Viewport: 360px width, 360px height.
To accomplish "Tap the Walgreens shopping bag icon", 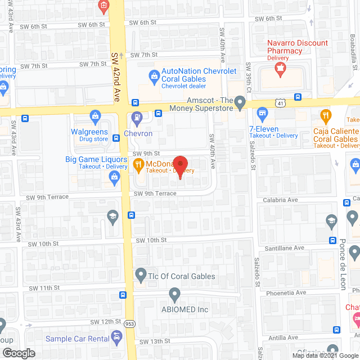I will click(95, 117).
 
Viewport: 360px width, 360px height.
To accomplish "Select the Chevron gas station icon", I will click(136, 119).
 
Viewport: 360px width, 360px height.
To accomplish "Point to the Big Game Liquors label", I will click(96, 160).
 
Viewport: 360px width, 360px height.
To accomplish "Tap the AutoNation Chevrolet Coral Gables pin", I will click(153, 75).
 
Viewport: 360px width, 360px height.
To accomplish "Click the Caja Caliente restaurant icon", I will click(325, 116).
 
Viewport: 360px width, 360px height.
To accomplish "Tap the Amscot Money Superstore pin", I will click(240, 103).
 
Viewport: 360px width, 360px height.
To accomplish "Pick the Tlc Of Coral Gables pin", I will click(140, 276).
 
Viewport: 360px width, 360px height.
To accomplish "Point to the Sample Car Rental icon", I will click(117, 338).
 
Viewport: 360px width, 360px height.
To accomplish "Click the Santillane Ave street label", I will click(285, 247).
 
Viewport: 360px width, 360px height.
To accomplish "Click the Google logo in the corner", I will click(19, 353).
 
